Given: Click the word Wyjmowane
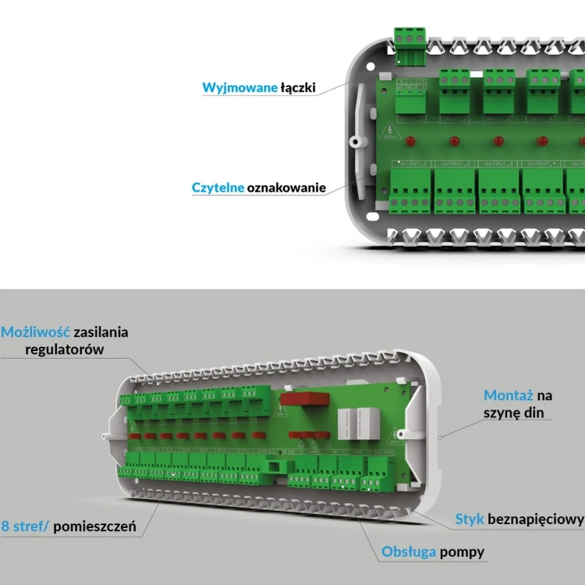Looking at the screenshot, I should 239,87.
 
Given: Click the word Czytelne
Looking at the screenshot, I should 218,188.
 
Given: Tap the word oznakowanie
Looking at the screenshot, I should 286,188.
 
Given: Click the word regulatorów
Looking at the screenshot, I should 64,350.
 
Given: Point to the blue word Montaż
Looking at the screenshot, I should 509,395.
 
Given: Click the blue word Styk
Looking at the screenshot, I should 470,519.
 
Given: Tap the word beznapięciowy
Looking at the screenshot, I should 536,519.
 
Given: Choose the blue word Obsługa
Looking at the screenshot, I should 408,552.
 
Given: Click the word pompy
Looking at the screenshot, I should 462,552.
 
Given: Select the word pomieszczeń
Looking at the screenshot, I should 97,526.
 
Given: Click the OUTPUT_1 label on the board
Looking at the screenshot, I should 413,165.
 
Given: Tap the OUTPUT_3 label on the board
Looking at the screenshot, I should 500,165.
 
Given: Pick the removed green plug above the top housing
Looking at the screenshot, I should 410,42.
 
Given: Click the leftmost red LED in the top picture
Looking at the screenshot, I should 410,142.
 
